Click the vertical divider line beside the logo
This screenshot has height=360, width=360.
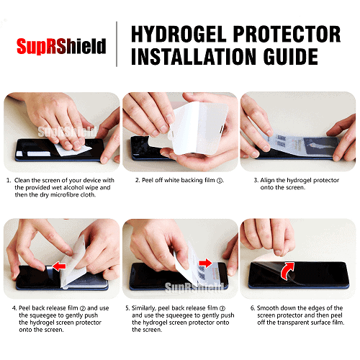coord(117,44)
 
